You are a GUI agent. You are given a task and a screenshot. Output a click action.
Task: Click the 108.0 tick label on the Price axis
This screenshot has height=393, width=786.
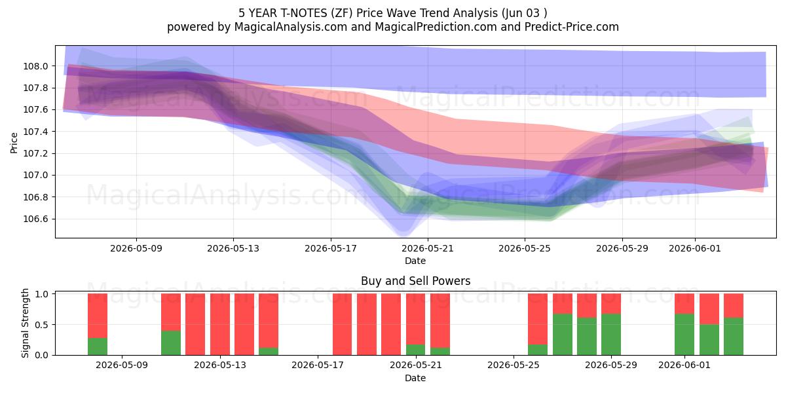click(35, 66)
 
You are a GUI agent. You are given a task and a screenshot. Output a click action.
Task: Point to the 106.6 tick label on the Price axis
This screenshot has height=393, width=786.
click(35, 219)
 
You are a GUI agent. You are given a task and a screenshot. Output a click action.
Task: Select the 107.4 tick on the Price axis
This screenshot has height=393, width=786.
click(35, 132)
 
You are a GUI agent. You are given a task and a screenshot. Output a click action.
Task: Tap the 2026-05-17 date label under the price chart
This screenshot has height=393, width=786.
click(331, 248)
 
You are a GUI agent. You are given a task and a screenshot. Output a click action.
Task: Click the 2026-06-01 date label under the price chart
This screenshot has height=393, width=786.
click(695, 248)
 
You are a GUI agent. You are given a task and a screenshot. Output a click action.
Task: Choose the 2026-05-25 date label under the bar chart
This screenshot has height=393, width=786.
click(514, 365)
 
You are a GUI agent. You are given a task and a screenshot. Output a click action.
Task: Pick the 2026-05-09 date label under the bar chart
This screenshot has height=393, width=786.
click(122, 365)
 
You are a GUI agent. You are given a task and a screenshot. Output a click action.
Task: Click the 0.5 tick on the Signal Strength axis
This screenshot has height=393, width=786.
click(42, 325)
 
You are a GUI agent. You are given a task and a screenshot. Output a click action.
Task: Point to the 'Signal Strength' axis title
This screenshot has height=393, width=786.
click(25, 323)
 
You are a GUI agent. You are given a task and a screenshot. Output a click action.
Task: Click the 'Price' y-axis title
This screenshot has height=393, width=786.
click(14, 143)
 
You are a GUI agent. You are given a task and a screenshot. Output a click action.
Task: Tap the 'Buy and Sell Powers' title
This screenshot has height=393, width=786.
click(415, 281)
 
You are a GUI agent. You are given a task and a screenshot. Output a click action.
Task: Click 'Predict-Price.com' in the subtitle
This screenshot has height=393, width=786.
click(572, 27)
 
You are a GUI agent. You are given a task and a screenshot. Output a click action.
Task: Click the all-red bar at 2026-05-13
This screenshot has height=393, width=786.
click(220, 324)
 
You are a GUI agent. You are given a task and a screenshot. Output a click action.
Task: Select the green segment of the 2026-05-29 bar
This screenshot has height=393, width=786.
click(611, 335)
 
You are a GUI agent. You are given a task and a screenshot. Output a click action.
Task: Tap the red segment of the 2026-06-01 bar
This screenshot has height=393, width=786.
click(684, 303)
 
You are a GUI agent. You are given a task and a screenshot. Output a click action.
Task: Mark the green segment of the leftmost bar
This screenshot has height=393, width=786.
click(98, 346)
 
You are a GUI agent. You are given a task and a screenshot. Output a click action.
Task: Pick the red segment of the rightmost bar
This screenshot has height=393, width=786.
click(734, 306)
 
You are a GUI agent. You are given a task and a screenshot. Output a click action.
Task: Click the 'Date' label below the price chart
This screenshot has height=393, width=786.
click(415, 261)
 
